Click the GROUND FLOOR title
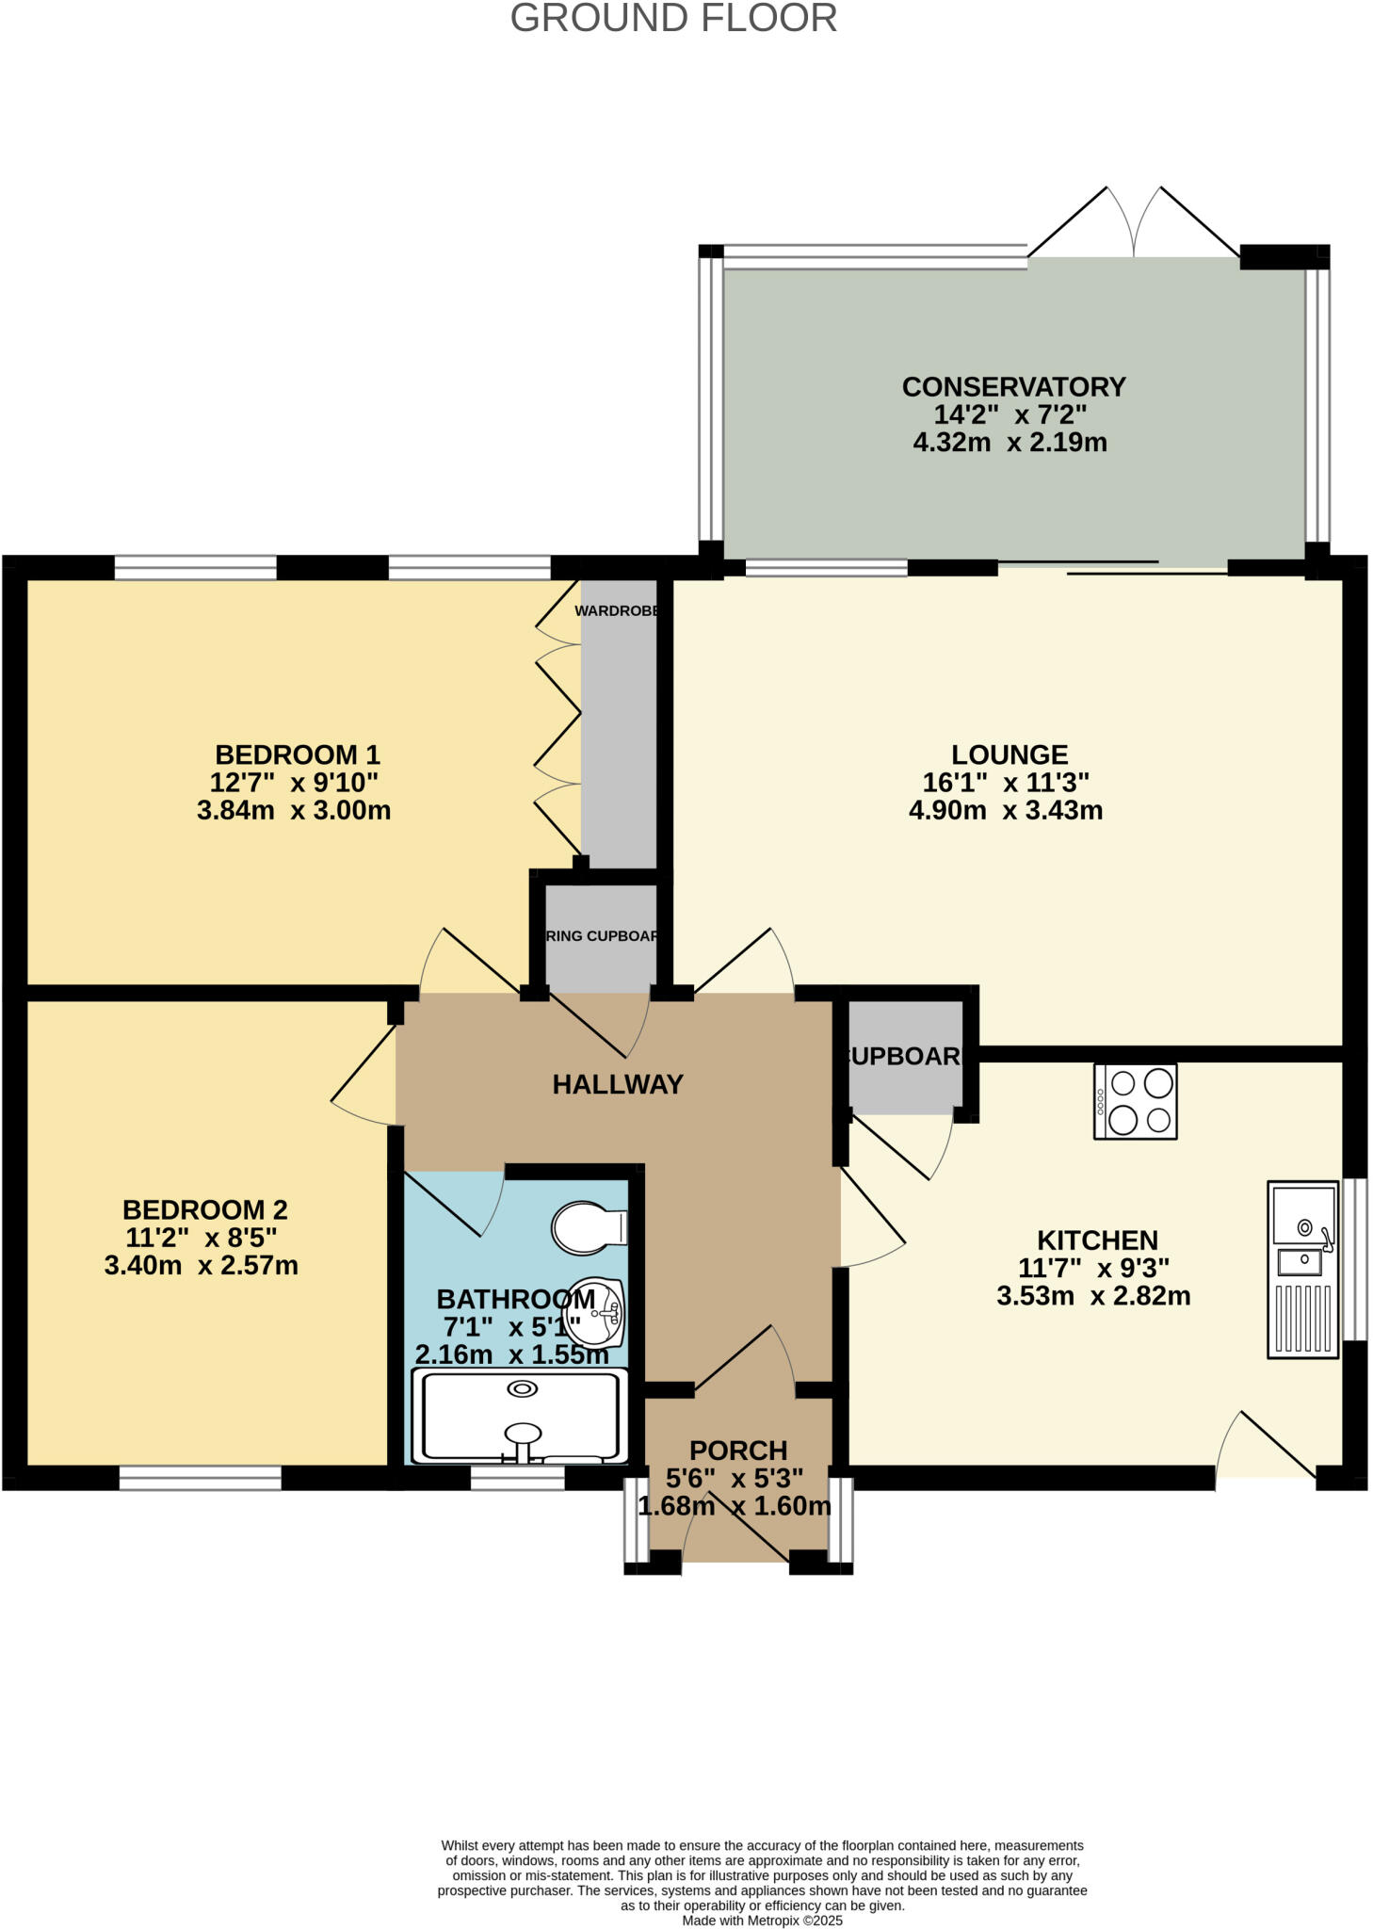(x=673, y=19)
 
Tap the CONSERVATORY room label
(x=1013, y=387)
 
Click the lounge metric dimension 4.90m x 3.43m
(x=1006, y=810)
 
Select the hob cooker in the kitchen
(x=1135, y=1101)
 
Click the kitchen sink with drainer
(x=1302, y=1269)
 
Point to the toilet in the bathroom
(x=589, y=1227)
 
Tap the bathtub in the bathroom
(x=521, y=1417)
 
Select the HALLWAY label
(x=618, y=1085)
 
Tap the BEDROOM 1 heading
(x=298, y=754)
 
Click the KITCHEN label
(x=1097, y=1240)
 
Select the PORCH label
(x=738, y=1451)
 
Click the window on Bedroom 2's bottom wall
(x=200, y=1478)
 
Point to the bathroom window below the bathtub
(x=517, y=1478)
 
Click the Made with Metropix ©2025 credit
(x=762, y=1920)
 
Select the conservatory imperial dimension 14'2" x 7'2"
(x=1010, y=414)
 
